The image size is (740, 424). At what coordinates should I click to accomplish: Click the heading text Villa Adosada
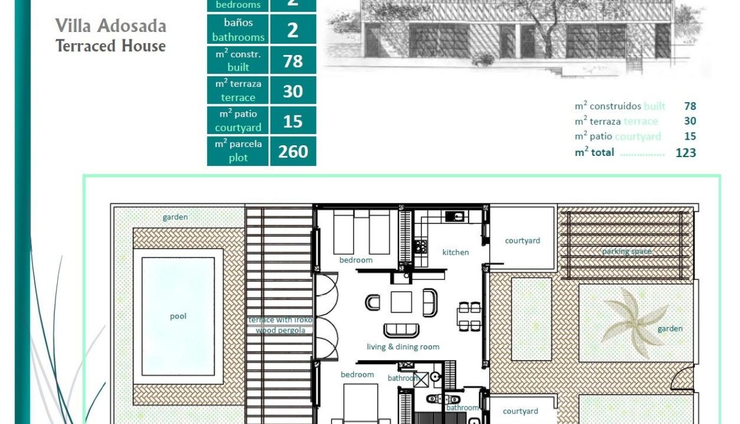click(111, 26)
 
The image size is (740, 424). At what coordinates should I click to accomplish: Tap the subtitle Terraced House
click(111, 46)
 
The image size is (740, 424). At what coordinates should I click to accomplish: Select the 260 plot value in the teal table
click(293, 151)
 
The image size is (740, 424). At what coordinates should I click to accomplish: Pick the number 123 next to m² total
click(686, 153)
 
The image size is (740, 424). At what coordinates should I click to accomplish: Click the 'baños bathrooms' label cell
click(238, 30)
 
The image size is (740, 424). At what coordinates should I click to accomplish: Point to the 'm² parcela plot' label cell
click(238, 151)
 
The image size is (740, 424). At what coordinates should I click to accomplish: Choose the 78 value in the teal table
click(293, 61)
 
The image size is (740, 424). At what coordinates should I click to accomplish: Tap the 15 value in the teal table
click(293, 121)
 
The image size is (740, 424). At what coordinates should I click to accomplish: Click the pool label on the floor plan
click(178, 316)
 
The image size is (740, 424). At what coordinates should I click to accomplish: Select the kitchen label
click(455, 252)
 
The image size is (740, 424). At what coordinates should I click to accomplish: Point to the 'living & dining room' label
click(403, 347)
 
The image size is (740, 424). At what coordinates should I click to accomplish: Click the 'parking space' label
click(627, 251)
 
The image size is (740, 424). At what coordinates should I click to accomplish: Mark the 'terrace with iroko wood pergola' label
click(280, 325)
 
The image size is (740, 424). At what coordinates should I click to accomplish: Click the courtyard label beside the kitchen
click(522, 241)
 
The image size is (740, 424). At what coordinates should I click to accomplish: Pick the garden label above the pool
click(175, 217)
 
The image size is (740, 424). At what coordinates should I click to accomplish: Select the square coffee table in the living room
click(401, 302)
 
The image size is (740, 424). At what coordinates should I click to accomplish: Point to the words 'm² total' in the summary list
click(594, 153)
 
